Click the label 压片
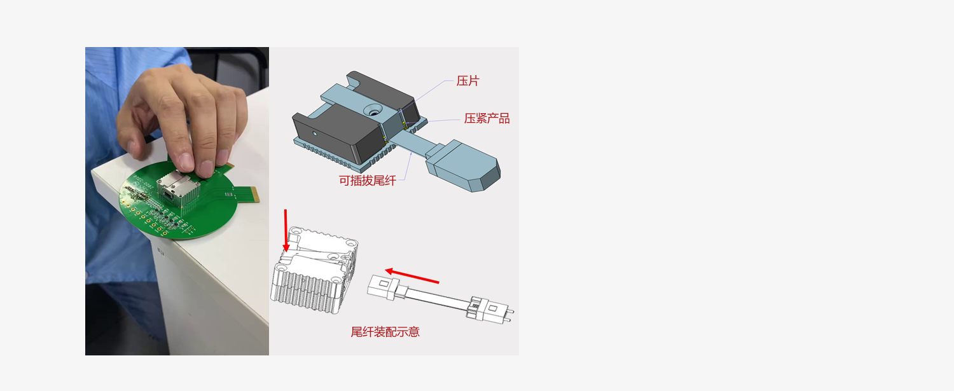467,81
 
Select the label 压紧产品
487,118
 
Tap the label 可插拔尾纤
367,181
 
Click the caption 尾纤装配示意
385,332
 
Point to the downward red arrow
286,230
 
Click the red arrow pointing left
412,276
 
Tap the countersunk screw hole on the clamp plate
373,112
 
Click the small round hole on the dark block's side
315,134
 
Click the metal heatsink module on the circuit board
179,191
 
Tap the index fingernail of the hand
186,162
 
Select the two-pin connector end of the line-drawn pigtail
491,310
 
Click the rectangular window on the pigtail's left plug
383,284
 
